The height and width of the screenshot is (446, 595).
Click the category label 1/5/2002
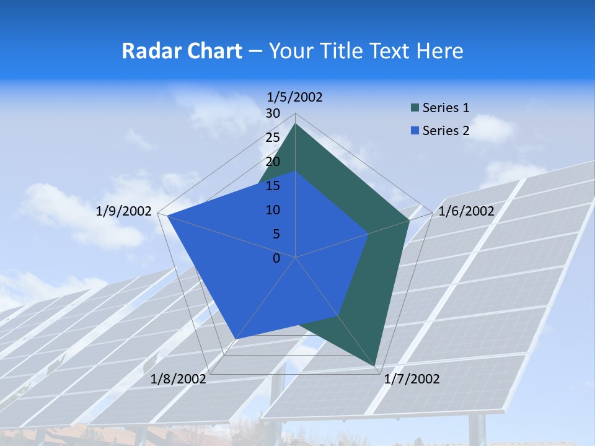295,97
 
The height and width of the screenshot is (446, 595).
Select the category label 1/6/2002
466,211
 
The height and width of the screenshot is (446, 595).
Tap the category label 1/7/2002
412,379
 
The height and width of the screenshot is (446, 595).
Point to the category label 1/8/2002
178,379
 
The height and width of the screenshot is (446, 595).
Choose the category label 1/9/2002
124,211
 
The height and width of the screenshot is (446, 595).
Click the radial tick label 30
273,113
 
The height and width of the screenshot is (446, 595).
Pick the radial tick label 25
273,138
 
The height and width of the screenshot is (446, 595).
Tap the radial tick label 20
273,162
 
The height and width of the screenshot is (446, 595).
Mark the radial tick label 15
273,186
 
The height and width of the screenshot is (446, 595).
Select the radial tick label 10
273,210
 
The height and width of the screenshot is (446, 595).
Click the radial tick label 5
276,234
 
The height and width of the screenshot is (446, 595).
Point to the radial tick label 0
276,258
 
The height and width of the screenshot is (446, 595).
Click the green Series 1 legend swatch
415,108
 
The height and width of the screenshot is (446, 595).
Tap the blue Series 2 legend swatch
415,131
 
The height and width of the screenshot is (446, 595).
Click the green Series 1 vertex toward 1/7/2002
375,366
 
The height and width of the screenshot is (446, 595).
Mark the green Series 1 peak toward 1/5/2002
296,124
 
